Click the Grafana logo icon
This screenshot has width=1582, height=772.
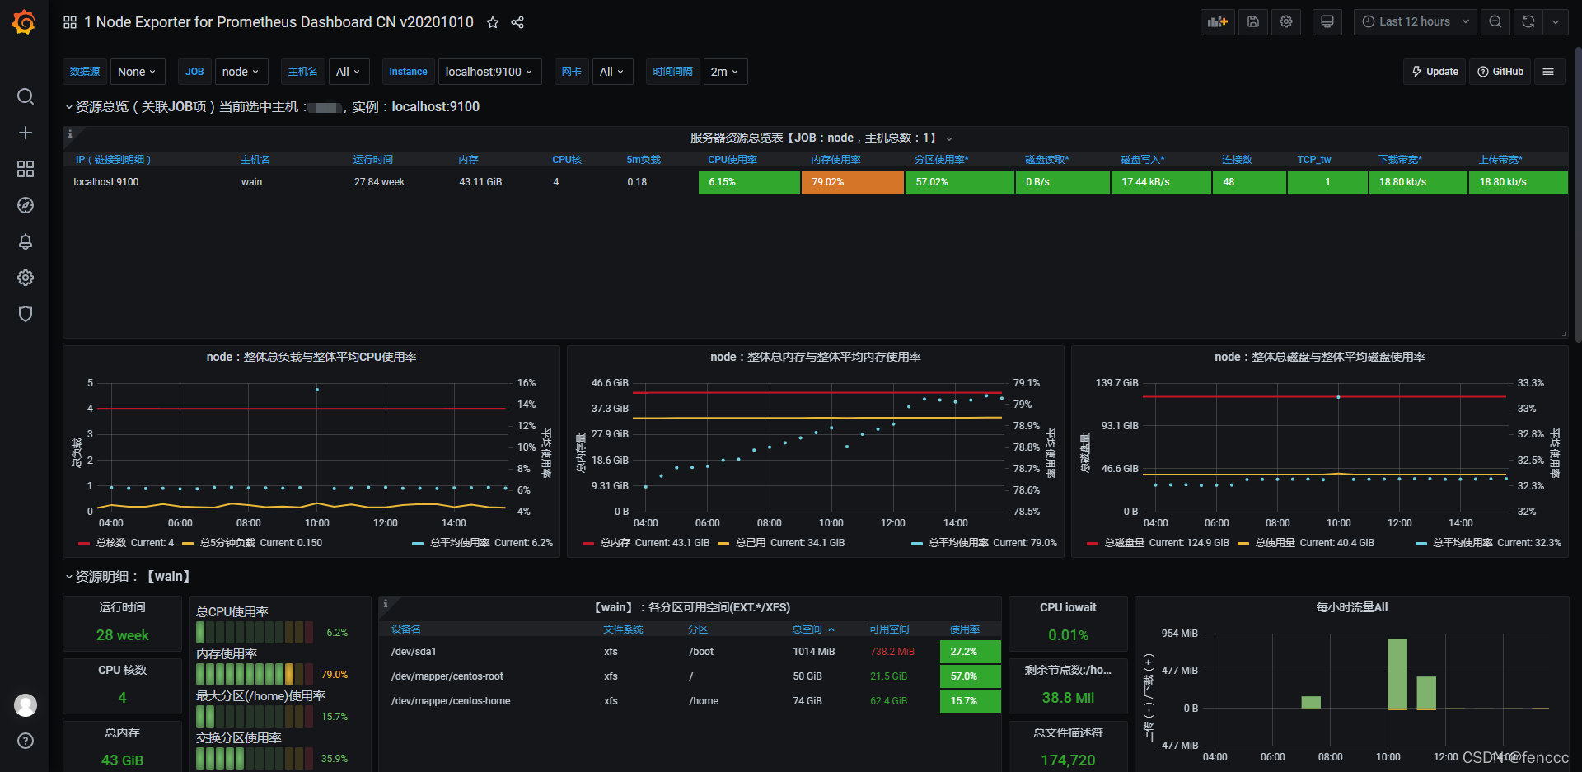click(24, 22)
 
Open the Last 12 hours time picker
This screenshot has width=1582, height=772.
click(1415, 22)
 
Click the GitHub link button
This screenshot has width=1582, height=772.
click(1500, 72)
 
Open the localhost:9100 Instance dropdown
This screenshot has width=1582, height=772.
click(489, 72)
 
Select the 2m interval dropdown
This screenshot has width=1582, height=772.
click(724, 72)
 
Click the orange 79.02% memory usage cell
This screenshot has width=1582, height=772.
click(852, 182)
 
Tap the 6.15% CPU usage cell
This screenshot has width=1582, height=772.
click(748, 182)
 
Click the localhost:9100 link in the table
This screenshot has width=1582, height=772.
click(106, 182)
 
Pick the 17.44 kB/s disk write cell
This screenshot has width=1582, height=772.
click(1160, 182)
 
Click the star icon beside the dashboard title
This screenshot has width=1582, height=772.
click(493, 22)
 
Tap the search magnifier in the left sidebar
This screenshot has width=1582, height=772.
click(26, 96)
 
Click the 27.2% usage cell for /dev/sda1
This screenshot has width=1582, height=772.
click(970, 652)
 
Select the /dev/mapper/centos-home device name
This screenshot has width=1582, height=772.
click(451, 701)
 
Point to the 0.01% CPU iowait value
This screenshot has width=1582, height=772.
click(1068, 635)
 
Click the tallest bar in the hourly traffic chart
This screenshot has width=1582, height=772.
click(1397, 673)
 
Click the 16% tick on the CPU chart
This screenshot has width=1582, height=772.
click(527, 383)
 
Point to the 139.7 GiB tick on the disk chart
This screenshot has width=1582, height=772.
click(1116, 383)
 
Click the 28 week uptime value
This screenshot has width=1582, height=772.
click(123, 635)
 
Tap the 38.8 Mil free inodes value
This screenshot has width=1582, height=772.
click(1068, 698)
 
